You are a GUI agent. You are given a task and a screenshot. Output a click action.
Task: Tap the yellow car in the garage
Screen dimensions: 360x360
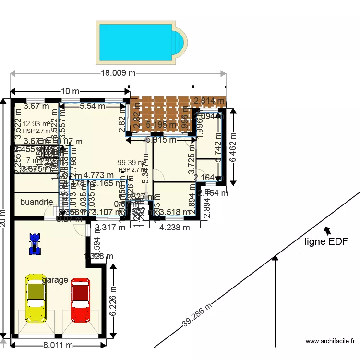tap(35, 298)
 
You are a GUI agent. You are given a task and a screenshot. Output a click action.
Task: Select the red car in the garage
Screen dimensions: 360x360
tap(80, 300)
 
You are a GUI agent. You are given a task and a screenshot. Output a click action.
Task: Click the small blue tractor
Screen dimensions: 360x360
tap(34, 243)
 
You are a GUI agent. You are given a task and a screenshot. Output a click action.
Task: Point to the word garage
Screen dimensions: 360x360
tap(55, 280)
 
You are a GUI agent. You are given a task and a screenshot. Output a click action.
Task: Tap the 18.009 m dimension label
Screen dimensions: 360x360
tap(118, 73)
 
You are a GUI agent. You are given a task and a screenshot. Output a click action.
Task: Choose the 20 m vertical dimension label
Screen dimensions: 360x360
tap(4, 218)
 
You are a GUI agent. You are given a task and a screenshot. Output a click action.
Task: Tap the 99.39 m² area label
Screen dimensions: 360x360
tap(131, 163)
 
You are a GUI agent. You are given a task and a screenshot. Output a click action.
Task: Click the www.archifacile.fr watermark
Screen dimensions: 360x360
tap(330, 341)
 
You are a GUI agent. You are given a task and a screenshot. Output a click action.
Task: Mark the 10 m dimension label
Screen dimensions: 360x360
tap(70, 91)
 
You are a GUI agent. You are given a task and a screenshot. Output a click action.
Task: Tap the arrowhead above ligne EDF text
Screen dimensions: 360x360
tap(328, 230)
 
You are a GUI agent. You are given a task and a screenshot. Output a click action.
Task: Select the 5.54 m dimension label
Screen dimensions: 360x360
tap(92, 106)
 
